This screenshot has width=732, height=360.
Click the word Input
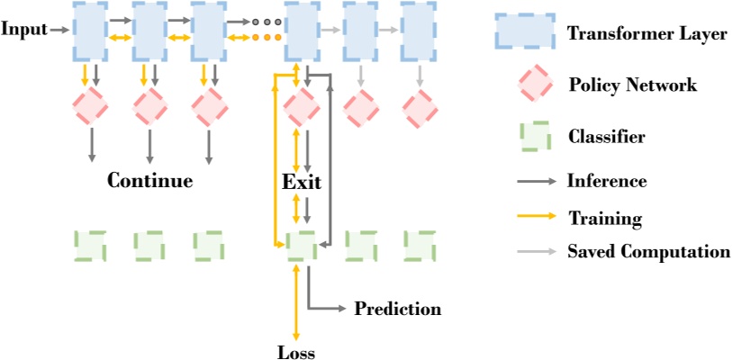click(x=23, y=30)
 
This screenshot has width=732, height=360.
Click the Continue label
click(x=149, y=181)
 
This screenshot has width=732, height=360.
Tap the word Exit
click(x=302, y=181)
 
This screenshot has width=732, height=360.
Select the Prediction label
click(x=397, y=310)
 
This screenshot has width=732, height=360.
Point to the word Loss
click(x=296, y=352)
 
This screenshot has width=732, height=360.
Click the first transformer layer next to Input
click(x=90, y=31)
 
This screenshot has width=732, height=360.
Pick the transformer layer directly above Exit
click(x=302, y=31)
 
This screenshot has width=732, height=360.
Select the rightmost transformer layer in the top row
click(x=419, y=31)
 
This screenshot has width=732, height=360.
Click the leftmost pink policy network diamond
click(x=90, y=109)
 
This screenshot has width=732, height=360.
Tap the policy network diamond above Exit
click(x=302, y=109)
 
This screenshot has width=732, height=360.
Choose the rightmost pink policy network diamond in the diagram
click(x=419, y=109)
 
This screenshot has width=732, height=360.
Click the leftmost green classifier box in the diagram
click(x=90, y=245)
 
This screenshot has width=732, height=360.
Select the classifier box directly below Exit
click(x=302, y=245)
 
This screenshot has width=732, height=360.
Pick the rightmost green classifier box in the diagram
click(x=419, y=245)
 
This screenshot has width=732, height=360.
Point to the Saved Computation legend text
click(x=648, y=252)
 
